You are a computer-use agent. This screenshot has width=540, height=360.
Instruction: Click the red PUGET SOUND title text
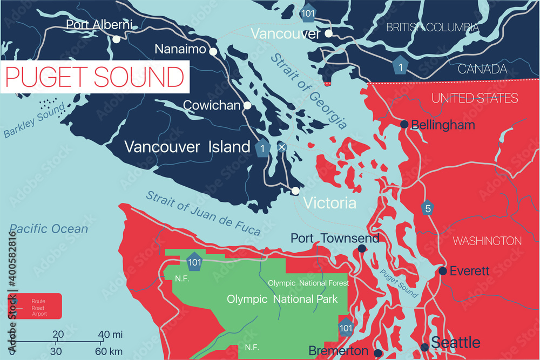tap(94, 77)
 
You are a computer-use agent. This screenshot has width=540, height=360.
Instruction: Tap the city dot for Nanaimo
tap(214, 52)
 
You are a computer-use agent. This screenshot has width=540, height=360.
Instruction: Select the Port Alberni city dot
tap(116, 39)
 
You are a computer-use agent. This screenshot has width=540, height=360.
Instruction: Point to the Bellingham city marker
tap(404, 125)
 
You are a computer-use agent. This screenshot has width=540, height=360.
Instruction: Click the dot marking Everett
tap(443, 271)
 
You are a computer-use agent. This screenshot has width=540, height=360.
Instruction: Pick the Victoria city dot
tap(295, 191)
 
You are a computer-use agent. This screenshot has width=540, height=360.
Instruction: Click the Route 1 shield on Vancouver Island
tap(262, 147)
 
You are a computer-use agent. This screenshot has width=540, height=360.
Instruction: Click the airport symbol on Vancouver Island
tap(281, 147)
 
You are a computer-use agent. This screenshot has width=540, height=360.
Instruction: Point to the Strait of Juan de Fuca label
tap(203, 214)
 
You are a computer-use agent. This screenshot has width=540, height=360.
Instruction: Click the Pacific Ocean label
tap(49, 229)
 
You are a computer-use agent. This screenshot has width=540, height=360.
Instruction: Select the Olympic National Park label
tap(282, 299)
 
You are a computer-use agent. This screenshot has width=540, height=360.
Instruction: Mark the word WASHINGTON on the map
tap(487, 241)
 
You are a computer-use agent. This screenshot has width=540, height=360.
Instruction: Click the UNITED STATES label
tap(475, 98)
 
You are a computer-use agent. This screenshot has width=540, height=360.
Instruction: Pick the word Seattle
tap(455, 342)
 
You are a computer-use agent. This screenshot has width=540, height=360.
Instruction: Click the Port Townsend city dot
tap(362, 249)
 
